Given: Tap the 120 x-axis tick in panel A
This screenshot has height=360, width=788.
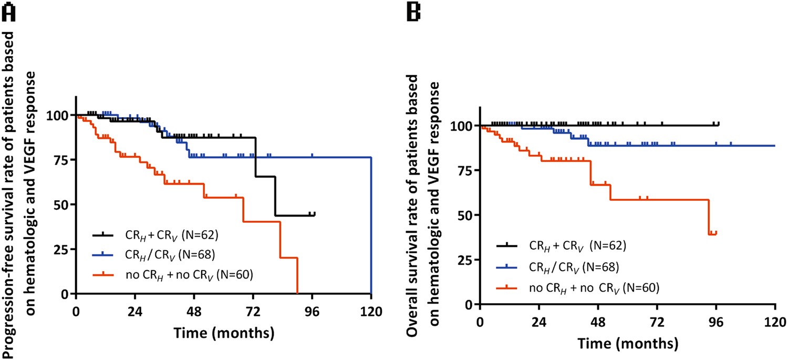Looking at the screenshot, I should [371, 308].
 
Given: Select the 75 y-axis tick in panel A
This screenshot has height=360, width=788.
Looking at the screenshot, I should [64, 160].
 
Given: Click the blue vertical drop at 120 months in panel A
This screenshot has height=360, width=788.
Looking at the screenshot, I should [371, 226].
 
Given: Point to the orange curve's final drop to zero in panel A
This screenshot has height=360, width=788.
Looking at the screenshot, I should [297, 276].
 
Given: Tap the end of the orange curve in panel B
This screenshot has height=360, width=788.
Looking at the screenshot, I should [716, 233].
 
